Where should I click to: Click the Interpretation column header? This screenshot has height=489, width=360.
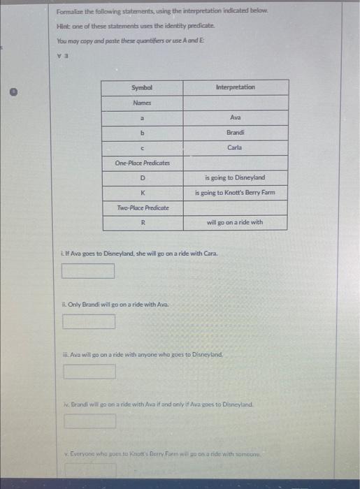(235, 87)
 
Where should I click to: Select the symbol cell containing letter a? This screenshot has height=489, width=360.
(141, 117)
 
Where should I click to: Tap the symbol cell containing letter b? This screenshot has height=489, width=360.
(141, 132)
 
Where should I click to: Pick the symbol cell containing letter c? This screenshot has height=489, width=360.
(141, 147)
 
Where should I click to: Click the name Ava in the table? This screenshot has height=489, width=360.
(235, 117)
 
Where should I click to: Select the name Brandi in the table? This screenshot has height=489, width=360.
(235, 132)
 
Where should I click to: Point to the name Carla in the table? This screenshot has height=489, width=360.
(235, 147)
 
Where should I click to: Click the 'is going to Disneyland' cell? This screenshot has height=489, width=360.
(235, 177)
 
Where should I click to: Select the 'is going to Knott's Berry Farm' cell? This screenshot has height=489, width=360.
(235, 192)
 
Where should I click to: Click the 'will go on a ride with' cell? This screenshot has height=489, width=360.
(235, 223)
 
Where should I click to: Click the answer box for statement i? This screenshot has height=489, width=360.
(88, 270)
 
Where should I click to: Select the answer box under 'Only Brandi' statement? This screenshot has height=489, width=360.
(88, 321)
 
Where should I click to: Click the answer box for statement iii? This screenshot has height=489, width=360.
(90, 372)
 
